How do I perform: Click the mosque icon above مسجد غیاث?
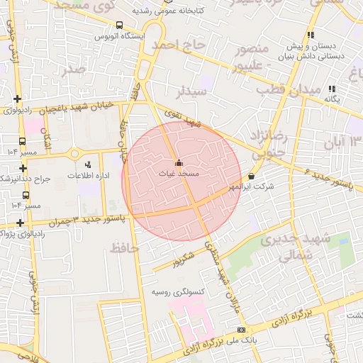178,162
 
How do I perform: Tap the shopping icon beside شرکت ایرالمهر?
252,176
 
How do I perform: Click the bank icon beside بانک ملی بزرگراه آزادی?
242,330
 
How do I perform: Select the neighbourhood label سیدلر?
192,91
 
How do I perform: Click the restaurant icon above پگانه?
331,89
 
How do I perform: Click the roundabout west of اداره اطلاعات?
74,153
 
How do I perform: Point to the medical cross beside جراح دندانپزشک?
24,168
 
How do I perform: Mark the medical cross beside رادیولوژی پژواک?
21,223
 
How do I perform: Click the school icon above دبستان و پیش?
311,35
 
